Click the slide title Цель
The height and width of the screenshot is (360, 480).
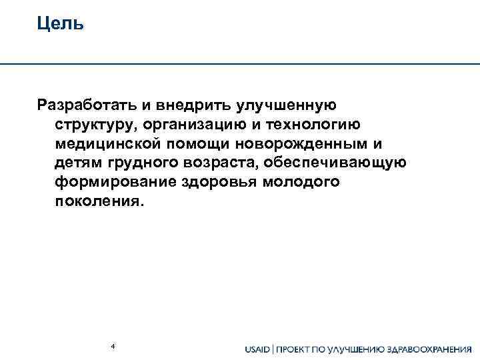(x=60, y=25)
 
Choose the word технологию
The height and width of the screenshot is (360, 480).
(x=323, y=125)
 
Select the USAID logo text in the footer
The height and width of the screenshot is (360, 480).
(x=258, y=349)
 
